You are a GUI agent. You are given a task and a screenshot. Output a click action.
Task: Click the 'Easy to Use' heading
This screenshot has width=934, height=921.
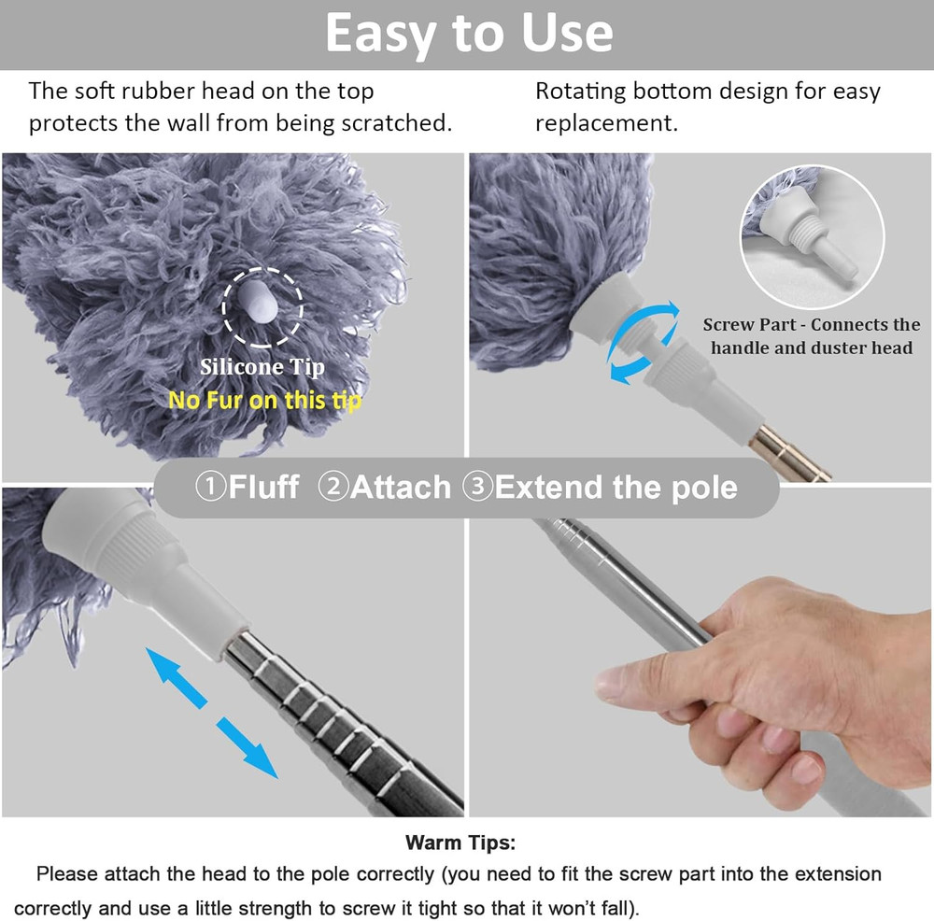coord(469,35)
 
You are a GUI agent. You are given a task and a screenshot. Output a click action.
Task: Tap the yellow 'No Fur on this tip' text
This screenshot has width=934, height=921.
coord(264,400)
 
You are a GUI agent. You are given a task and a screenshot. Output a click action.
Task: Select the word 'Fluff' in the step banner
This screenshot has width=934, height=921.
coord(263,487)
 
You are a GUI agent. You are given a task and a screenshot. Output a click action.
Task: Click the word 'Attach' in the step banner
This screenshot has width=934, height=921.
coord(400,487)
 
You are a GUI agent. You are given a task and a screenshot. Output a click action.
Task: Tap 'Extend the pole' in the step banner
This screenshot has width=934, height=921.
coord(616,487)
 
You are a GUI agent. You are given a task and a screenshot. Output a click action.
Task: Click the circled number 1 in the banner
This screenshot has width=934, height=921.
coord(210,487)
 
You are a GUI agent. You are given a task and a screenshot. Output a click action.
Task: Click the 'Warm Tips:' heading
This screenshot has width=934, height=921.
coord(460,843)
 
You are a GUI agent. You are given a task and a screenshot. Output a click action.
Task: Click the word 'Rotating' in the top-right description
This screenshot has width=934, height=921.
coord(580,92)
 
